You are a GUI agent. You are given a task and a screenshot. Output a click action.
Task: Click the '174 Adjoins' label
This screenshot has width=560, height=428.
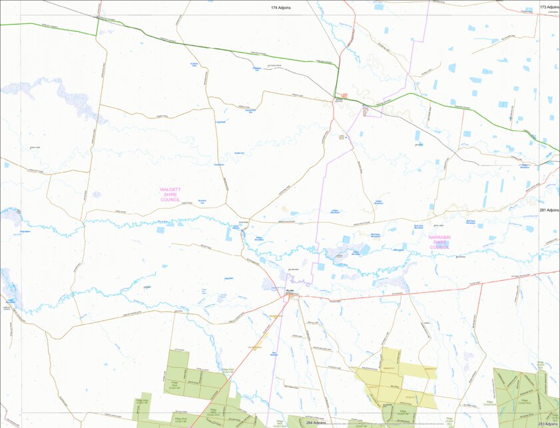[280, 7]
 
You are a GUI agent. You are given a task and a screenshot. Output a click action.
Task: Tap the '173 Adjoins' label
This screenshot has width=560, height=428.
[549, 7]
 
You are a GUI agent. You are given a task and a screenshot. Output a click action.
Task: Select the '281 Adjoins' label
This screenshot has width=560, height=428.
[549, 209]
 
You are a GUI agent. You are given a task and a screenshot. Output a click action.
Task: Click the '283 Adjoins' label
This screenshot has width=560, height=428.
[549, 423]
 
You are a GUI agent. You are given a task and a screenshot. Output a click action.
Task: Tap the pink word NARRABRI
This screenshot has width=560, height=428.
[440, 237]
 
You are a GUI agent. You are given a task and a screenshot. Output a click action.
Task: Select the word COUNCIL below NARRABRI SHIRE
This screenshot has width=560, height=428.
[440, 247]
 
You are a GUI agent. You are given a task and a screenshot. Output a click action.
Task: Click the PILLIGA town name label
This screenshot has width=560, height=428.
[290, 291]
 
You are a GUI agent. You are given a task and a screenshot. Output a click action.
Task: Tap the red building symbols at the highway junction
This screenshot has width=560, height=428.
[344, 97]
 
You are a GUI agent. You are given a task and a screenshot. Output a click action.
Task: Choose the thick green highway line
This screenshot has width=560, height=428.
[220, 51]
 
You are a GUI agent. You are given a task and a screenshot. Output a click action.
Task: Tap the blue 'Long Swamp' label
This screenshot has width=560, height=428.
[220, 122]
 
